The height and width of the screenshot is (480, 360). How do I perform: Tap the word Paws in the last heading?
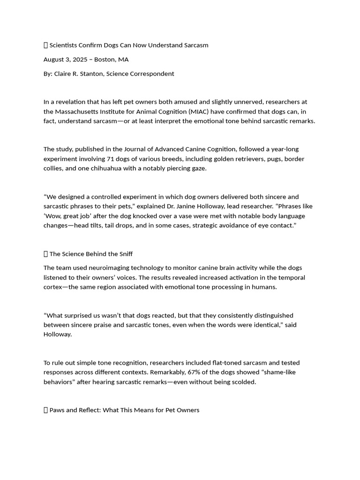pyautogui.click(x=57, y=410)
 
